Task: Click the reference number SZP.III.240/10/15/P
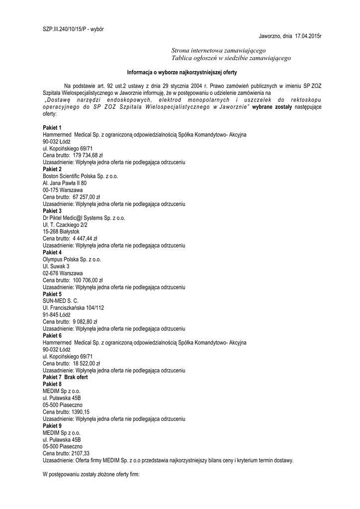[62, 29]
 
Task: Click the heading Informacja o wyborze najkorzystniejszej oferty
[180, 72]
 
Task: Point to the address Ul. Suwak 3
[56, 266]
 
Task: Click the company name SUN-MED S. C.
[60, 301]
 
